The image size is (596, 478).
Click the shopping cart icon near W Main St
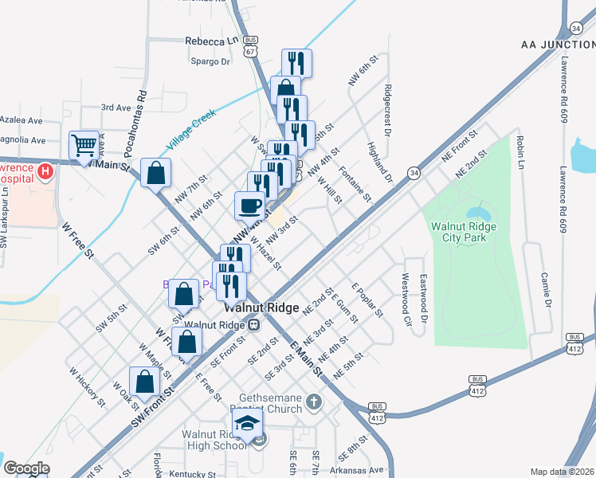(x=84, y=146)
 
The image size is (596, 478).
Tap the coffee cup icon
(x=250, y=206)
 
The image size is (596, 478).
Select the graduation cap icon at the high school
(x=247, y=423)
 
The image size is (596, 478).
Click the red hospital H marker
(x=45, y=170)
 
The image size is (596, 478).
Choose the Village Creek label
(x=192, y=130)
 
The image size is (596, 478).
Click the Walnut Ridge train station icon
(x=253, y=324)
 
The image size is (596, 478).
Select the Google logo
(x=25, y=468)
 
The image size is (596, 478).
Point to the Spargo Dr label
(x=209, y=61)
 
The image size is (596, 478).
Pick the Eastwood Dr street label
(x=424, y=296)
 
